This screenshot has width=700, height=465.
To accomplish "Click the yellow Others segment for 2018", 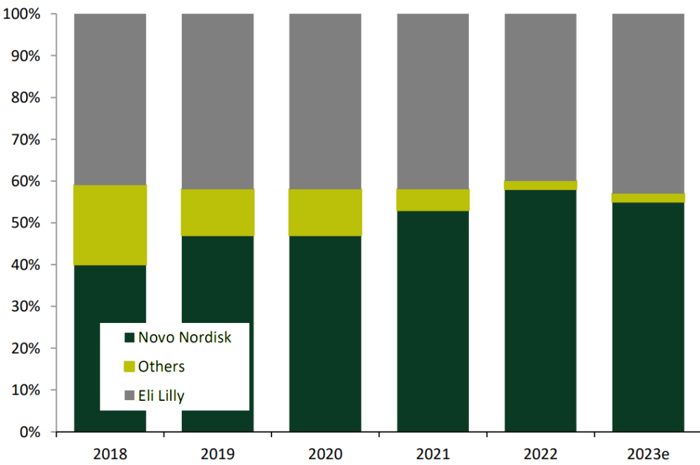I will point(110,225).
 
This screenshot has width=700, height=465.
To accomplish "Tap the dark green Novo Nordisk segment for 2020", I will point(325,334).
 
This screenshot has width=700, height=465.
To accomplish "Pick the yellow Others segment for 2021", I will point(433,200).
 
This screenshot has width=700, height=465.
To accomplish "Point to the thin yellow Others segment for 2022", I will point(541,186).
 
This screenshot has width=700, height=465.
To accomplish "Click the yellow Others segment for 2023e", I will point(648,198).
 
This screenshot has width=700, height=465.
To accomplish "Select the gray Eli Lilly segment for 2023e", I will point(648,102).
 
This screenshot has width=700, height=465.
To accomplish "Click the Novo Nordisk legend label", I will point(185,337).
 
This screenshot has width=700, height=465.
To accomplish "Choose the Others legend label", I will point(161,367).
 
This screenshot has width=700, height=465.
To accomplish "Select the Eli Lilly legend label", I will point(161,396).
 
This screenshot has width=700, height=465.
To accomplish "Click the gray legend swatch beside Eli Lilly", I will point(129,396).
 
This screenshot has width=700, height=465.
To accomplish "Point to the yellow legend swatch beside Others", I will point(129,367).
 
